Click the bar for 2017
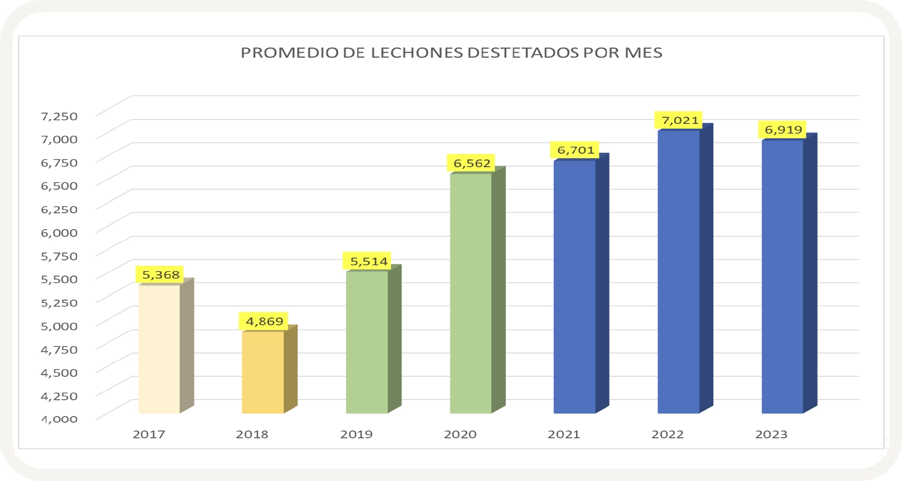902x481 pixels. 159,349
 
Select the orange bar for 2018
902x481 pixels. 263,372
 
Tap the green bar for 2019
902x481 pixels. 367,342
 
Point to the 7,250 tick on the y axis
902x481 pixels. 59,115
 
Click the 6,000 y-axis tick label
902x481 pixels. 59,231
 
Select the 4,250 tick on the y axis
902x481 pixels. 59,395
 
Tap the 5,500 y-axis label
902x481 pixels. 59,278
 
